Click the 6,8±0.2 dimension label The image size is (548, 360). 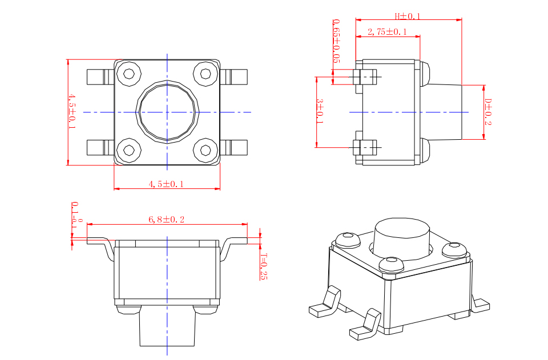tap(166, 220)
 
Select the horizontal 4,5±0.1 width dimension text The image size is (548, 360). tap(166, 184)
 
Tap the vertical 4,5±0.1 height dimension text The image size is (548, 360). tap(72, 111)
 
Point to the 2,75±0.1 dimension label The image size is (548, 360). tap(387, 32)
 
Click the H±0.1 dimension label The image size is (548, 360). tap(408, 16)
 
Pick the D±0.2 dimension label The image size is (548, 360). tap(488, 112)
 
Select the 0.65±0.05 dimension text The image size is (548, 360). tap(336, 41)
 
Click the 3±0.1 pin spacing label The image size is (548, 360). tap(320, 111)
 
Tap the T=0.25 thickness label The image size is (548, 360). tap(264, 266)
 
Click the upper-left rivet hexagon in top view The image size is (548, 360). tap(129, 74)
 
